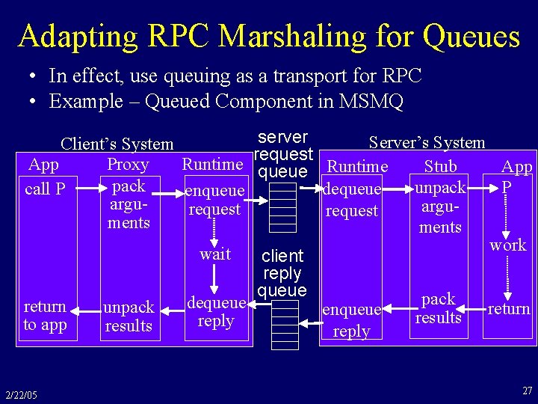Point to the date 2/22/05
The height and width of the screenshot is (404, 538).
tap(20, 395)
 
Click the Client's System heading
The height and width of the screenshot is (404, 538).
tap(117, 144)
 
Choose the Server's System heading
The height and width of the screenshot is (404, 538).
tap(427, 142)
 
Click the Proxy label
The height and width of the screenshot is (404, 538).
tap(128, 165)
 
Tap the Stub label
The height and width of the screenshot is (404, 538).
tap(440, 166)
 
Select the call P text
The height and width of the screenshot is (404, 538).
tap(45, 189)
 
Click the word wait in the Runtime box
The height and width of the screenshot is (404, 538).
tap(215, 254)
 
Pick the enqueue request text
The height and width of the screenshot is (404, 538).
tap(214, 201)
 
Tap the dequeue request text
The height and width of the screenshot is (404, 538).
tap(352, 201)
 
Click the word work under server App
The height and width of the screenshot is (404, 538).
tap(508, 245)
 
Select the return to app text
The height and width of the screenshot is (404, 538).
tap(45, 316)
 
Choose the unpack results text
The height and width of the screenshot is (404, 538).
tap(129, 316)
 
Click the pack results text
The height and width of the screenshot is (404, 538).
tap(439, 308)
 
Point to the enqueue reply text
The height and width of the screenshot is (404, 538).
tap(351, 319)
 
